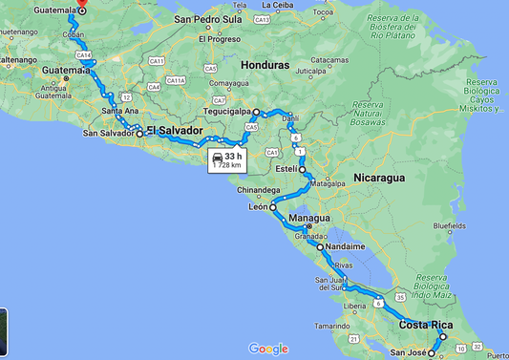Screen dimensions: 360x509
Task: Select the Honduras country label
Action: (265, 65)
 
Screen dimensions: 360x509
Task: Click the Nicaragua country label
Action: (379, 178)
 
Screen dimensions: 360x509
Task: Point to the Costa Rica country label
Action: (425, 326)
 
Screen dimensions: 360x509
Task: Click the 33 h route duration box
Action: (226, 159)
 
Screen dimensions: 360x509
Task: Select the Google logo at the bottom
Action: (268, 349)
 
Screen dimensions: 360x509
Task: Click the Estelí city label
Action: (286, 169)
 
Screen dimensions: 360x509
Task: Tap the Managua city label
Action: (308, 218)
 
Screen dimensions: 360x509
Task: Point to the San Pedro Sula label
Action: (219, 18)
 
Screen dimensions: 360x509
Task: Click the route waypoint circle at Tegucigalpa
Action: (256, 113)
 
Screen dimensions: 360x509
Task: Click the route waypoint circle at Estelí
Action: (302, 170)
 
